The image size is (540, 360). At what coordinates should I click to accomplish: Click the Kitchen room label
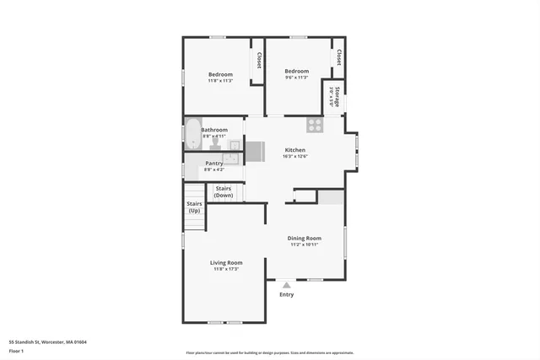point(294,150)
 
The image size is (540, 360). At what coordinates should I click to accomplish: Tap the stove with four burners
point(315,125)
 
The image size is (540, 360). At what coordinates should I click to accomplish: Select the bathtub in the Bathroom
point(192,134)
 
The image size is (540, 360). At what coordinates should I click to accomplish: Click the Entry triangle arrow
point(287,284)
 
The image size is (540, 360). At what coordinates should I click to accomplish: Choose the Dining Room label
point(305,239)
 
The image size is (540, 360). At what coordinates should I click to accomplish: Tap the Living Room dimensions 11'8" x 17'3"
point(226,269)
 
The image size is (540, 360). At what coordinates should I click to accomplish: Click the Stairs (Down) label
point(224,191)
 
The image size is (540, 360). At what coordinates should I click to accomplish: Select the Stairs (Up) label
point(194,207)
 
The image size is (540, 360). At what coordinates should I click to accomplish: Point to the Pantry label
point(214,164)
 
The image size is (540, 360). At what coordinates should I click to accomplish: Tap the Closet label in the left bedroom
point(258,61)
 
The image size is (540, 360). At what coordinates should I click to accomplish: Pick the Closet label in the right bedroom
point(338,57)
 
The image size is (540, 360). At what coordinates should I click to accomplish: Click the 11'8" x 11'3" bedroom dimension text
point(220,82)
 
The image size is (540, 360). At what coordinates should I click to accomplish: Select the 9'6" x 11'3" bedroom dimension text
point(296,78)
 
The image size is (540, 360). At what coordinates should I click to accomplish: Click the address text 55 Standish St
point(48,342)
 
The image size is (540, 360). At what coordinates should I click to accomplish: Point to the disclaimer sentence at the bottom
point(270,353)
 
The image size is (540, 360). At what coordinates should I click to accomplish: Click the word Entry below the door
point(287,294)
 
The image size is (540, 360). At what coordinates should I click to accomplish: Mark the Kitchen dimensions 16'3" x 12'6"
point(294,156)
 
